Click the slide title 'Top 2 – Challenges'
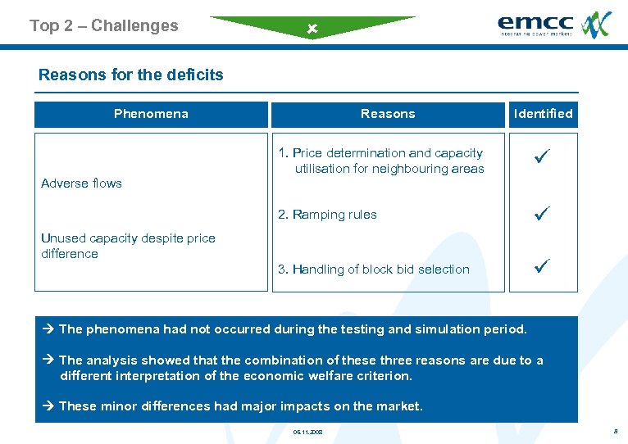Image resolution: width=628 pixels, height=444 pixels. (103, 25)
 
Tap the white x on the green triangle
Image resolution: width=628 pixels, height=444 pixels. (312, 29)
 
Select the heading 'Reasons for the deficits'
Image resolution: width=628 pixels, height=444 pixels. (130, 75)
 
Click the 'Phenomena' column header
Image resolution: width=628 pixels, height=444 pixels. (151, 114)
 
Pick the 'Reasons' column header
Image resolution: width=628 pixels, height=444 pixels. (388, 114)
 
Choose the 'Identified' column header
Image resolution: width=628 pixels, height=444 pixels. (543, 114)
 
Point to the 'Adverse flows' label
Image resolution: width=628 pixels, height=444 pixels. (81, 183)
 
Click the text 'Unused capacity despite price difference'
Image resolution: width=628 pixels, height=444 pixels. (128, 246)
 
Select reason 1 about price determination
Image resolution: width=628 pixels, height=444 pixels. (381, 161)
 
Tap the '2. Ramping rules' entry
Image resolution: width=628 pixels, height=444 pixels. (327, 215)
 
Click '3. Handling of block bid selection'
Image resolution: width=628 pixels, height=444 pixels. (374, 270)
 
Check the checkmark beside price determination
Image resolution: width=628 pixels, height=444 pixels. (541, 153)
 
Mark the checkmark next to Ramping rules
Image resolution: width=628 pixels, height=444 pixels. (541, 215)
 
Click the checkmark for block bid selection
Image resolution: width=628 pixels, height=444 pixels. (541, 266)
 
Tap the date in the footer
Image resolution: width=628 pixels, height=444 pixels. (307, 431)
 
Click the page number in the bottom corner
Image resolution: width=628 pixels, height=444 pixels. (613, 430)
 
